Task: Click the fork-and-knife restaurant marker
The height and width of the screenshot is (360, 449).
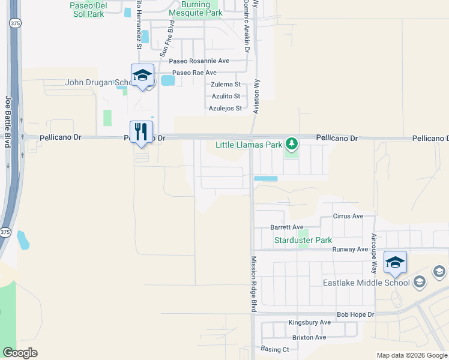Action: point(142,133)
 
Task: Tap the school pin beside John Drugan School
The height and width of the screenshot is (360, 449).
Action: point(142,76)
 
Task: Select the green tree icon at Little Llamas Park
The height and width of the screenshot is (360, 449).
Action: point(291,143)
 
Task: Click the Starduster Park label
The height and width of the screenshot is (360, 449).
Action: point(303,241)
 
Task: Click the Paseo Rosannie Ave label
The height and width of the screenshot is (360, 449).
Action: point(199,61)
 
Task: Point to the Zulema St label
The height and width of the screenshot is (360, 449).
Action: point(225,85)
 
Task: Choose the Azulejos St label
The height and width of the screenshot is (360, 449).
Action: point(225,109)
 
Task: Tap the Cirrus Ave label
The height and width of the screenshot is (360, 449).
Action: point(348,216)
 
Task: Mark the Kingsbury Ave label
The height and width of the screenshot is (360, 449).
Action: point(309,322)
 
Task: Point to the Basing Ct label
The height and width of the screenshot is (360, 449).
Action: point(275,349)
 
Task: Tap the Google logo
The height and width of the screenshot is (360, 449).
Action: point(20,353)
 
